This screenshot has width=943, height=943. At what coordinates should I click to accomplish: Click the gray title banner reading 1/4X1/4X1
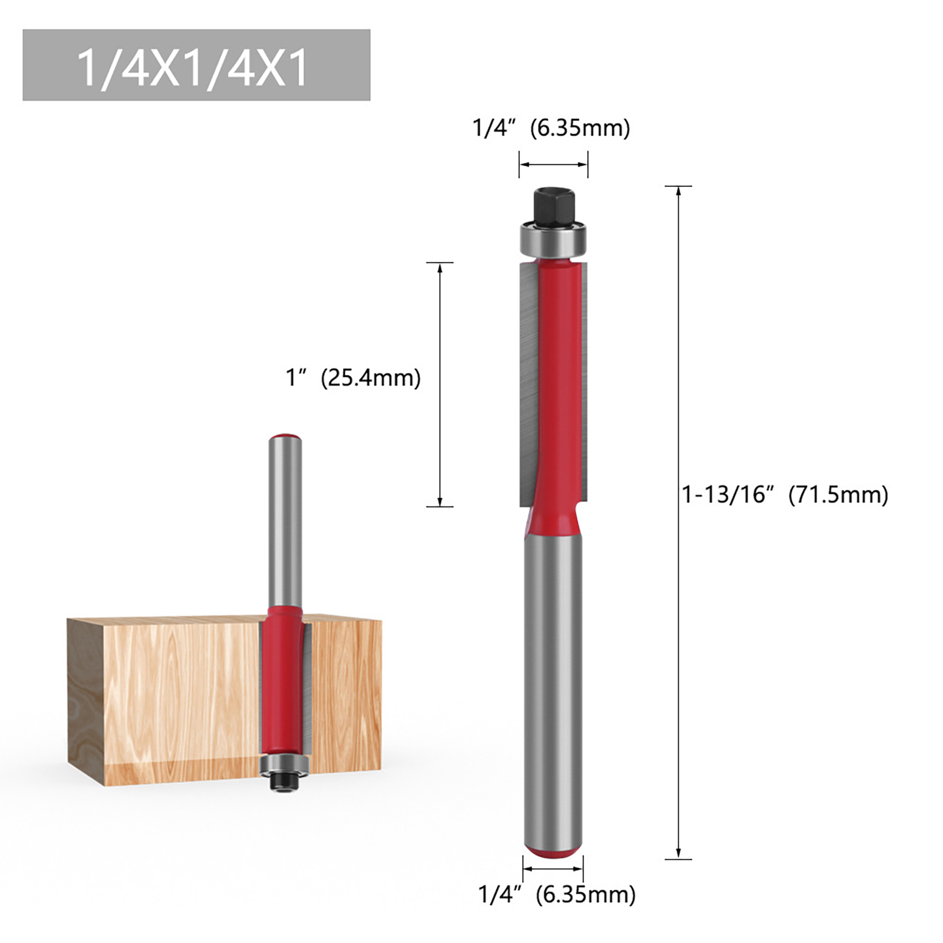tap(196, 65)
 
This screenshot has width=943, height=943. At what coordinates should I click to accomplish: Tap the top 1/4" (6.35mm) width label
tap(551, 128)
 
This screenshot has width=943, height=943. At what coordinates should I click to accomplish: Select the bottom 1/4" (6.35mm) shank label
tap(557, 894)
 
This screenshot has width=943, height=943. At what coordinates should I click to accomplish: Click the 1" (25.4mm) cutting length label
tap(353, 377)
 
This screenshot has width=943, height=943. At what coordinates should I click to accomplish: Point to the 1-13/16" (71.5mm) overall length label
tap(785, 494)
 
